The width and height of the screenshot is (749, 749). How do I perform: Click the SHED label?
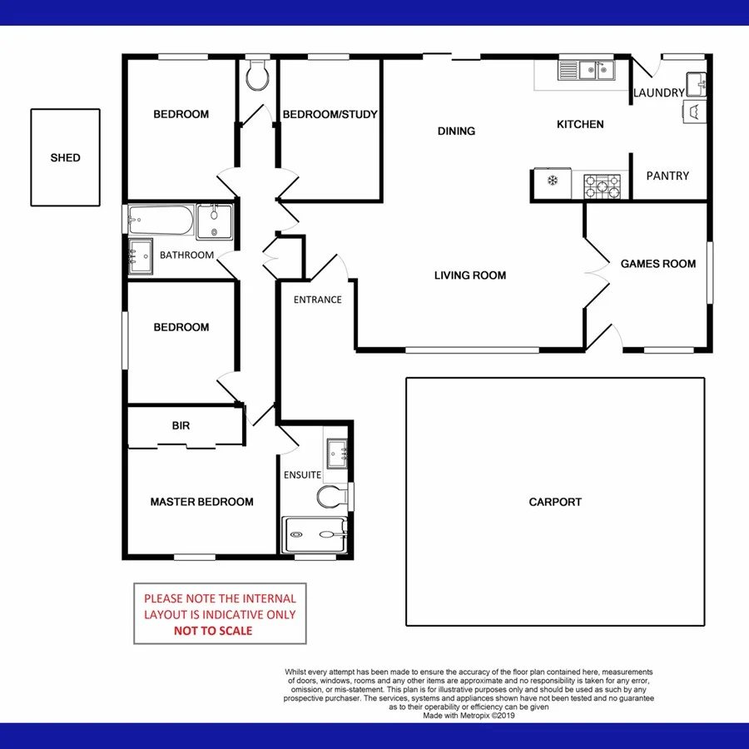pyautogui.click(x=66, y=157)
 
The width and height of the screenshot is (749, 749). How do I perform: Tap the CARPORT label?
pyautogui.click(x=555, y=502)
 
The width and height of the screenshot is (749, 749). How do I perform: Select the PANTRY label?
pyautogui.click(x=667, y=176)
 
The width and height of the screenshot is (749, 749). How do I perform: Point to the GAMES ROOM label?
pyautogui.click(x=658, y=264)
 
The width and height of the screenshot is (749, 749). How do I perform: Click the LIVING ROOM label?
pyautogui.click(x=470, y=275)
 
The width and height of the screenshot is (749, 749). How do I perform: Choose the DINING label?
pyautogui.click(x=456, y=131)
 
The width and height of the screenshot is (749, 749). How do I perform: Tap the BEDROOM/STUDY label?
pyautogui.click(x=330, y=115)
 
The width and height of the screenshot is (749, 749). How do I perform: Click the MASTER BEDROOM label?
pyautogui.click(x=201, y=502)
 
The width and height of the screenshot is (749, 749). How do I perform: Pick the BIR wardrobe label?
pyautogui.click(x=181, y=425)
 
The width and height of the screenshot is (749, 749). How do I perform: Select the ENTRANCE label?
pyautogui.click(x=317, y=300)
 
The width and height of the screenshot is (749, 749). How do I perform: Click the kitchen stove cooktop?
pyautogui.click(x=602, y=186)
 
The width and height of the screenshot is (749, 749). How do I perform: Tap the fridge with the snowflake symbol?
pyautogui.click(x=551, y=181)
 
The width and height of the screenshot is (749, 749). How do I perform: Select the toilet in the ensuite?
pyautogui.click(x=330, y=498)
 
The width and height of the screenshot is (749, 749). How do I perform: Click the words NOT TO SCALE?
pyautogui.click(x=213, y=631)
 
